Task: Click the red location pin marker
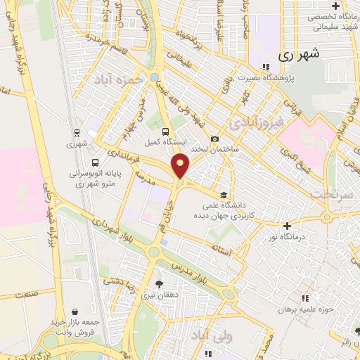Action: coord(181,166)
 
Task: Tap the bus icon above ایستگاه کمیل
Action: coord(165,131)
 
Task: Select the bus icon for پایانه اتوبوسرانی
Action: coord(95,163)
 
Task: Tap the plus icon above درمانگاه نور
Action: coord(287,226)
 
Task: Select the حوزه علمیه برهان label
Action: coord(305,309)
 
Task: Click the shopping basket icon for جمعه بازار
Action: coord(75,311)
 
